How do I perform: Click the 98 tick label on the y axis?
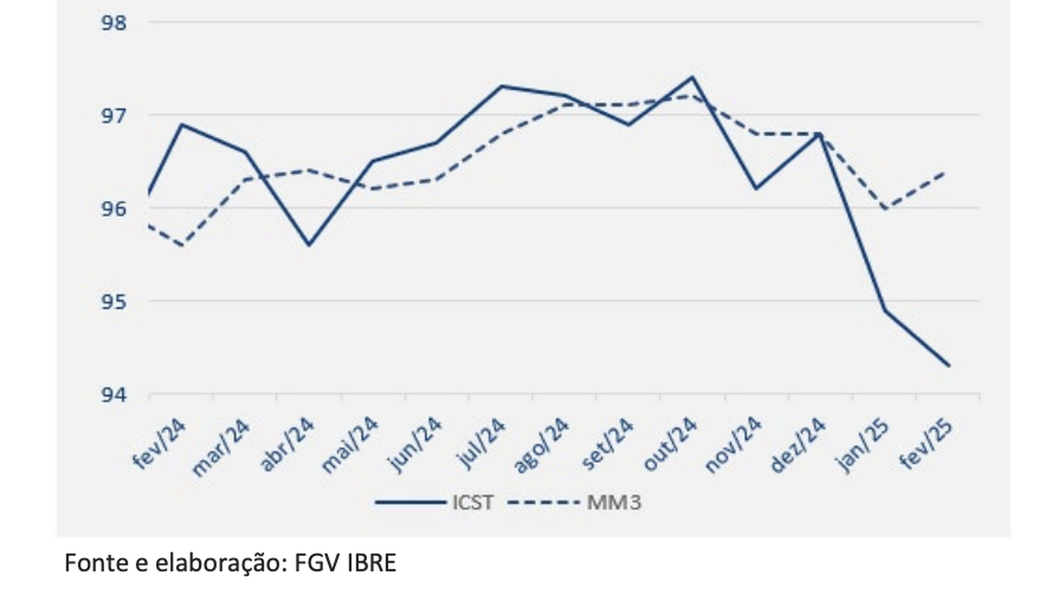(113, 22)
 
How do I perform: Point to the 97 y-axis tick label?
(113, 115)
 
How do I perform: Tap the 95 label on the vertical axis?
(113, 301)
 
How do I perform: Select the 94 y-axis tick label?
(113, 394)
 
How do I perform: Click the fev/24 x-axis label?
(160, 445)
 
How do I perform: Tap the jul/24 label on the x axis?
(483, 445)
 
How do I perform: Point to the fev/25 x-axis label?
(927, 445)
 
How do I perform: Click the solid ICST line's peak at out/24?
(692, 77)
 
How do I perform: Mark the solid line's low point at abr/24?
(308, 245)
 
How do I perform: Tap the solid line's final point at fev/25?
(949, 365)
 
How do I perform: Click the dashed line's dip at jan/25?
(885, 208)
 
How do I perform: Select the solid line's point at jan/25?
(885, 311)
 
